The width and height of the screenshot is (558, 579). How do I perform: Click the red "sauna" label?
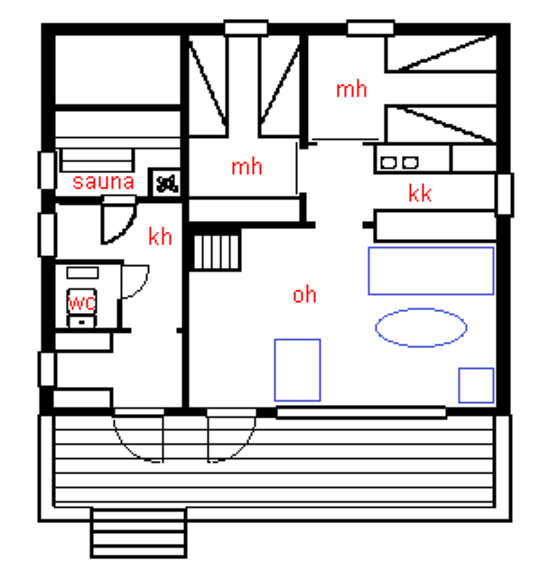click(x=104, y=182)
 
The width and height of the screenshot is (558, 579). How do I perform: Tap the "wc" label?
click(x=81, y=301)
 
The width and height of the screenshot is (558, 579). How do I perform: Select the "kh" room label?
click(x=160, y=237)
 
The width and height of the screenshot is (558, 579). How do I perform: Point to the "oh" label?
click(x=304, y=295)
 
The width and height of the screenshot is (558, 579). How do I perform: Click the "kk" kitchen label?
click(x=420, y=193)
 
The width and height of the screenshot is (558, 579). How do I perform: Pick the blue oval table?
click(x=421, y=327)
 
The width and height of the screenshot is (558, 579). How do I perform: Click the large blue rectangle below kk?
click(x=431, y=271)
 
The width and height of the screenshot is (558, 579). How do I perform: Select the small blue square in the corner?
click(x=476, y=385)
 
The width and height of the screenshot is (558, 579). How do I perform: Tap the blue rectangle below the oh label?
click(x=297, y=370)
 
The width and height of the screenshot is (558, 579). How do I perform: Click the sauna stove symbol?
click(x=166, y=182)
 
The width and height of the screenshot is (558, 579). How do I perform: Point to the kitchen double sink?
click(x=398, y=162)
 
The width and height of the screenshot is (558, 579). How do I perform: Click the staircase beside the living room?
click(x=217, y=250)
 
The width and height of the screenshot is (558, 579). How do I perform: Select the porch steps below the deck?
click(x=138, y=533)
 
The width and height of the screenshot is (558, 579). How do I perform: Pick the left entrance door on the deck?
click(x=139, y=437)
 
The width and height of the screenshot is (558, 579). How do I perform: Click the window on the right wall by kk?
click(x=504, y=194)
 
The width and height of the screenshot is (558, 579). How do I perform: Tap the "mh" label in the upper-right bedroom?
click(x=351, y=89)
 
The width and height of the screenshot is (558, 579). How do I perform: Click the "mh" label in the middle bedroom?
click(x=246, y=167)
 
